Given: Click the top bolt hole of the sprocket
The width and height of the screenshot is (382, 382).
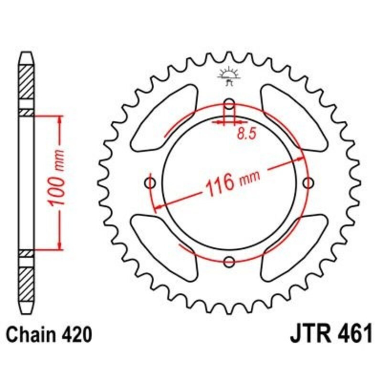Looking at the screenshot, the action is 229,104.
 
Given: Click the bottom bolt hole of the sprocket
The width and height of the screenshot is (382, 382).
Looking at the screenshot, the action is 229,262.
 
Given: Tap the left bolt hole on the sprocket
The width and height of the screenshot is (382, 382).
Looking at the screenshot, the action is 150,183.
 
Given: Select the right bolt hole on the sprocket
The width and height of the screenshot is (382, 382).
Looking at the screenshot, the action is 308,183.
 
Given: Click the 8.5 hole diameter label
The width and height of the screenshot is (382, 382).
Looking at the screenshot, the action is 247,134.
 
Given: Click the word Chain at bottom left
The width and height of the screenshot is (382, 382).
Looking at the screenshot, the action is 30,335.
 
